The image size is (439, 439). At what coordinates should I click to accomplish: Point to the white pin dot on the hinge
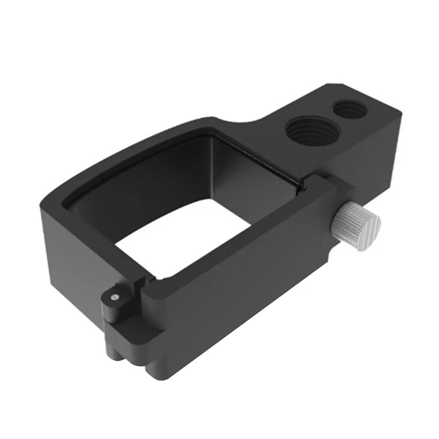[114, 296]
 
